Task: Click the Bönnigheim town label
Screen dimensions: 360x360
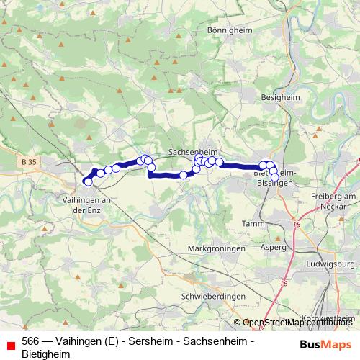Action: (227, 32)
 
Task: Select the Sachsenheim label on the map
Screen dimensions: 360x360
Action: (192, 152)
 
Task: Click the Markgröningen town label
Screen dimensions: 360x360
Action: (217, 248)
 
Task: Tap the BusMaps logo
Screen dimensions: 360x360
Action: (325, 344)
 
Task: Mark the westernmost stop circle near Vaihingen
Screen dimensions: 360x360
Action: (88, 182)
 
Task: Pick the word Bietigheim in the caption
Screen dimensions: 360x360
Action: (44, 354)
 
